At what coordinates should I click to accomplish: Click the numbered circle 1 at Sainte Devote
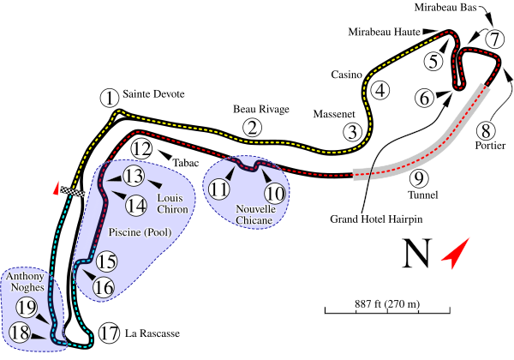tap(109, 98)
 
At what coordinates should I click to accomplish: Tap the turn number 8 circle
tap(487, 131)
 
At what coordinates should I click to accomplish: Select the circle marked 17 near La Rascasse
tap(108, 333)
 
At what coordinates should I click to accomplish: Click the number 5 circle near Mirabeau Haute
tap(434, 61)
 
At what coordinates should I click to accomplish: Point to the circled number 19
tap(27, 308)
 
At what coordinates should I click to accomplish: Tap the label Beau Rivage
tap(261, 109)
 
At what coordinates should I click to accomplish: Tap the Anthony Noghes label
tap(25, 283)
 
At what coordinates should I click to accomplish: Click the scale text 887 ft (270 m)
tap(387, 303)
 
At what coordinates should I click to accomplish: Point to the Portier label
tap(484, 146)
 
